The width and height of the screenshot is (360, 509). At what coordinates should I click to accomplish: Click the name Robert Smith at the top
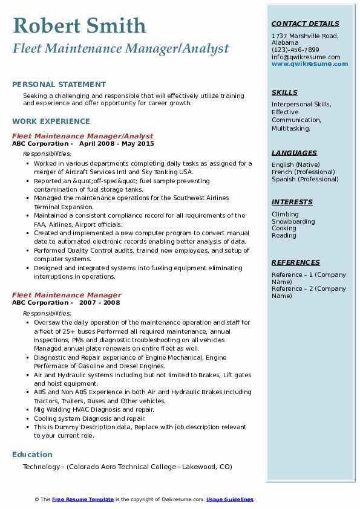tap(79, 25)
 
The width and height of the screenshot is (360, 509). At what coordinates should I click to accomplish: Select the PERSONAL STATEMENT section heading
tap(59, 85)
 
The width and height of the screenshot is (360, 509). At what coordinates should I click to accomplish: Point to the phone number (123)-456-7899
tap(295, 50)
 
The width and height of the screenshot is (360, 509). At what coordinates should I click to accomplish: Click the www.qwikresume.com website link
tap(306, 64)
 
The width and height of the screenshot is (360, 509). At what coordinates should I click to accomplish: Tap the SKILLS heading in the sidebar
tap(284, 92)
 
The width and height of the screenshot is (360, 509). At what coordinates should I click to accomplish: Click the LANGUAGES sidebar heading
tap(294, 153)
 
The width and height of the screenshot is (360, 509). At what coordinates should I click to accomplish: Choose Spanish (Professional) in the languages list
tap(306, 179)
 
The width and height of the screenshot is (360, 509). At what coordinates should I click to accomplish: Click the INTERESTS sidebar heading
tap(292, 202)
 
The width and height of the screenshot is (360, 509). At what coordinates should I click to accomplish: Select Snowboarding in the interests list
tap(293, 221)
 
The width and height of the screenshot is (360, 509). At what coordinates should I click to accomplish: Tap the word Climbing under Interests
tap(285, 214)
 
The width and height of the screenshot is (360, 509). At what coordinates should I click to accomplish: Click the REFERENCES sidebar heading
tap(295, 262)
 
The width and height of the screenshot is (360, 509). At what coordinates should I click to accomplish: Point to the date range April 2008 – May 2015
tap(116, 144)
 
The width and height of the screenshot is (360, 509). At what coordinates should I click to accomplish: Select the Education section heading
tap(32, 455)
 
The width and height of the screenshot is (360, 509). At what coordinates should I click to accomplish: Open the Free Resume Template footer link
tap(83, 499)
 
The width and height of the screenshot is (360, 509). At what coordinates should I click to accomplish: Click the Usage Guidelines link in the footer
tap(229, 499)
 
